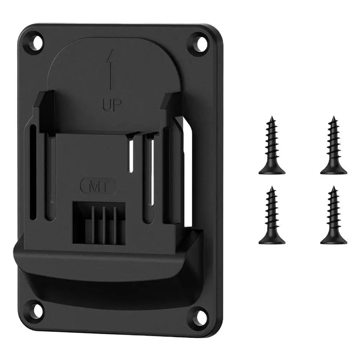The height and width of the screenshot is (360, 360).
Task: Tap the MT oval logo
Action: (x=98, y=187)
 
